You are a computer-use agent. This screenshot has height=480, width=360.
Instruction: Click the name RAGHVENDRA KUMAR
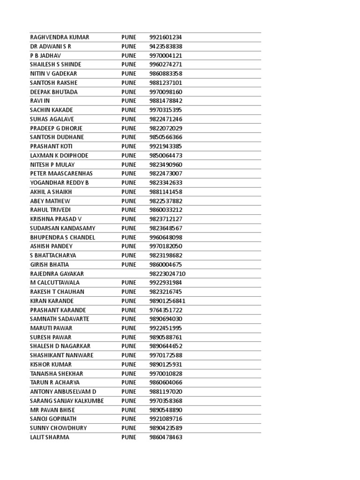[60, 37]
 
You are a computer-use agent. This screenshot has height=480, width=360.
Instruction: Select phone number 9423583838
[166, 46]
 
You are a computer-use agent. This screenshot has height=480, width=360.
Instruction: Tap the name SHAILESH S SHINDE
[55, 65]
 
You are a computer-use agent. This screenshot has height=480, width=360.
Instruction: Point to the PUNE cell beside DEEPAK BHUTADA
[129, 92]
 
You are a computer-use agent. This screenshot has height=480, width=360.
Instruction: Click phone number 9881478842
[166, 101]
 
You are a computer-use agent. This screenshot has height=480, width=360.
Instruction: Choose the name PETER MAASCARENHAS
[61, 173]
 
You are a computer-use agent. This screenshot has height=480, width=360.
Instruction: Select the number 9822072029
[166, 128]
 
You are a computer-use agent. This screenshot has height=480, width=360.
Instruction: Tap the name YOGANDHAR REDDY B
[60, 183]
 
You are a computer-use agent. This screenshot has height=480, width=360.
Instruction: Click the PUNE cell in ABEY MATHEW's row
[129, 201]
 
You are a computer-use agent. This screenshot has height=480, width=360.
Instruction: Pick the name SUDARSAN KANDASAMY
[62, 228]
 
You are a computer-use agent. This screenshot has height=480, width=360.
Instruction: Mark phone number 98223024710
[167, 274]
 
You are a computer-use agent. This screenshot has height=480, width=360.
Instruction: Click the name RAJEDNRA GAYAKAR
[57, 274]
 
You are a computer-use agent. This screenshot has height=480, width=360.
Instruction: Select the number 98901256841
[167, 301]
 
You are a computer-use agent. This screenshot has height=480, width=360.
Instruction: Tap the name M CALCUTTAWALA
[55, 283]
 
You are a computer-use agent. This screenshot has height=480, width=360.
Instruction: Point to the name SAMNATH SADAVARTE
[60, 319]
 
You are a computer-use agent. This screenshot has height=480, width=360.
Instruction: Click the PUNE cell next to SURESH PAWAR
[129, 337]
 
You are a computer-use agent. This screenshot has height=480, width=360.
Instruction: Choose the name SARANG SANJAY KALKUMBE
[67, 401]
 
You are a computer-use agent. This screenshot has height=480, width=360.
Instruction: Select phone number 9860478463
[166, 437]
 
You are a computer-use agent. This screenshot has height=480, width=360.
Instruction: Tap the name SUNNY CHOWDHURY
[59, 428]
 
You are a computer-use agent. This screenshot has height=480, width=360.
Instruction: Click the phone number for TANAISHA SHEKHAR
[166, 374]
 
